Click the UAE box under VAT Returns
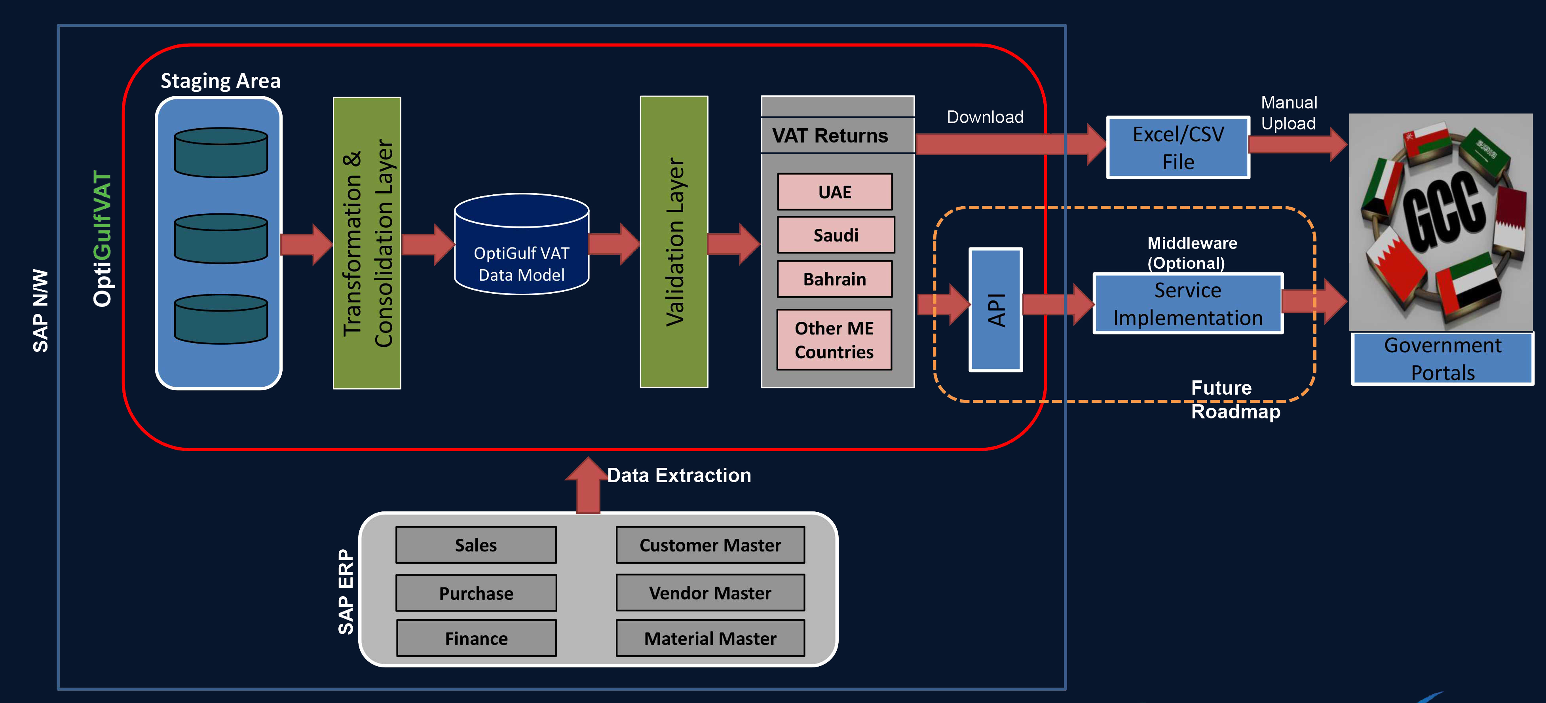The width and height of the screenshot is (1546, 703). point(834,192)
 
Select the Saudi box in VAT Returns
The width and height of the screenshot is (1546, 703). point(836,235)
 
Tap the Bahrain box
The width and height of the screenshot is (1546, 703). point(834,279)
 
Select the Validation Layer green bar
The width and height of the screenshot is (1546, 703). point(674,242)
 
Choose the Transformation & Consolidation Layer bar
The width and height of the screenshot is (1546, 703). point(367,243)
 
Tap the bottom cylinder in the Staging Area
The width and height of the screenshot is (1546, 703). point(221,319)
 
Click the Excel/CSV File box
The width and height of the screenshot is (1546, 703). point(1178,148)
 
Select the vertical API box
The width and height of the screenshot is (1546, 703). point(996,310)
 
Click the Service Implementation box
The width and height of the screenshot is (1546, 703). point(1188,304)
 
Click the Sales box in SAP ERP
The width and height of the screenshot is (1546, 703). point(476,545)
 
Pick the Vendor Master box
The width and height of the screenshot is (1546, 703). point(710,593)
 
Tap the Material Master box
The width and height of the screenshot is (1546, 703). point(710,638)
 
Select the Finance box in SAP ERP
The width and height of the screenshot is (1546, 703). point(476,638)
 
